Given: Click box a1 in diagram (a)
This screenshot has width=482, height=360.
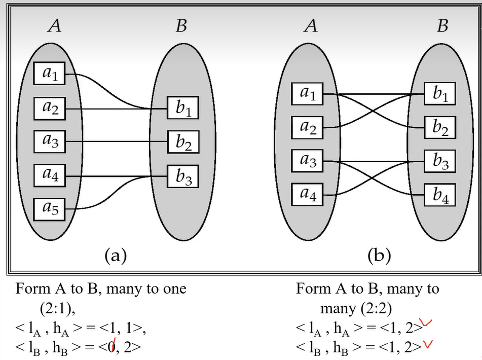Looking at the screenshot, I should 50,75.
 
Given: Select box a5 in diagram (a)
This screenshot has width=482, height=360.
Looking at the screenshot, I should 50,209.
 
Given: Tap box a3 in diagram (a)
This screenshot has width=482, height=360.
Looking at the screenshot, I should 50,141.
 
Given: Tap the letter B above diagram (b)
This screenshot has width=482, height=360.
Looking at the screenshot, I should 442,25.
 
